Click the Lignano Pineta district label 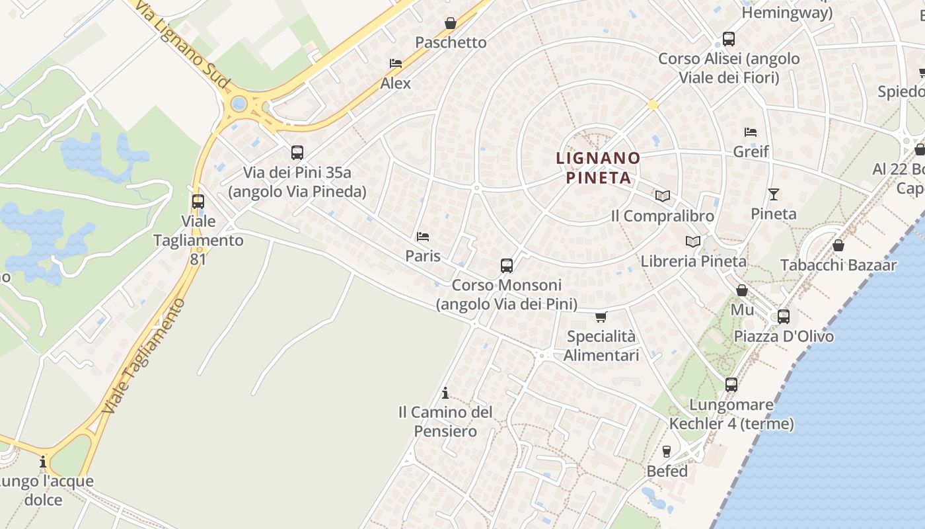[598, 168]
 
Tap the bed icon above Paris [423, 237]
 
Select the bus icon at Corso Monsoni [507, 266]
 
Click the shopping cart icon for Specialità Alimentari [601, 317]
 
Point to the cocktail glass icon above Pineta [774, 194]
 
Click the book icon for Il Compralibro [662, 196]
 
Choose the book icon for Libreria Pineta [692, 242]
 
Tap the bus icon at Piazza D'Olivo [784, 317]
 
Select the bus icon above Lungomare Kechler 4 [731, 385]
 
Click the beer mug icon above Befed [667, 452]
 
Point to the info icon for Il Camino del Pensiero [445, 393]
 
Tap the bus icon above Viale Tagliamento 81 [198, 202]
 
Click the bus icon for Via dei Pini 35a [297, 153]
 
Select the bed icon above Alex [396, 63]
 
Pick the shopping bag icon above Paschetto [451, 23]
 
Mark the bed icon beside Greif [751, 132]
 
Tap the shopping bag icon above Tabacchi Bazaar [838, 246]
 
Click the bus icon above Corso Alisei [729, 39]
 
